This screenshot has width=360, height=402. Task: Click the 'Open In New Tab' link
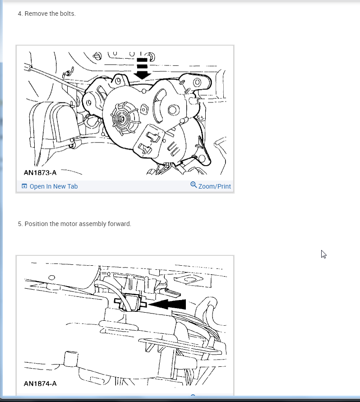point(54,186)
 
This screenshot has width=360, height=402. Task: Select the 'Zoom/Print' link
point(215,186)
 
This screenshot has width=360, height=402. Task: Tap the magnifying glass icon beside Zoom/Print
point(194,185)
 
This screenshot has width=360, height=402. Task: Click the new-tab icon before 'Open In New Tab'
point(24,186)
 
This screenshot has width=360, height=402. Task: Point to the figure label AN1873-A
point(40,172)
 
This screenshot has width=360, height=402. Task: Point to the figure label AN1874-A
point(40,384)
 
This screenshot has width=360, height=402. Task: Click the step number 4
point(20,14)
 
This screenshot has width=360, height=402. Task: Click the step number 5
point(20,224)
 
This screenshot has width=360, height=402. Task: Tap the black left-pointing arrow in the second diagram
point(167,305)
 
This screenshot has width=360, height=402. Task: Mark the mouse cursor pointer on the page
point(323,254)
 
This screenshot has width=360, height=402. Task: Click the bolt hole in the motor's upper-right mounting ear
point(197,82)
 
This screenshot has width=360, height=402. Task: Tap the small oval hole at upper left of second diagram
point(51,277)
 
